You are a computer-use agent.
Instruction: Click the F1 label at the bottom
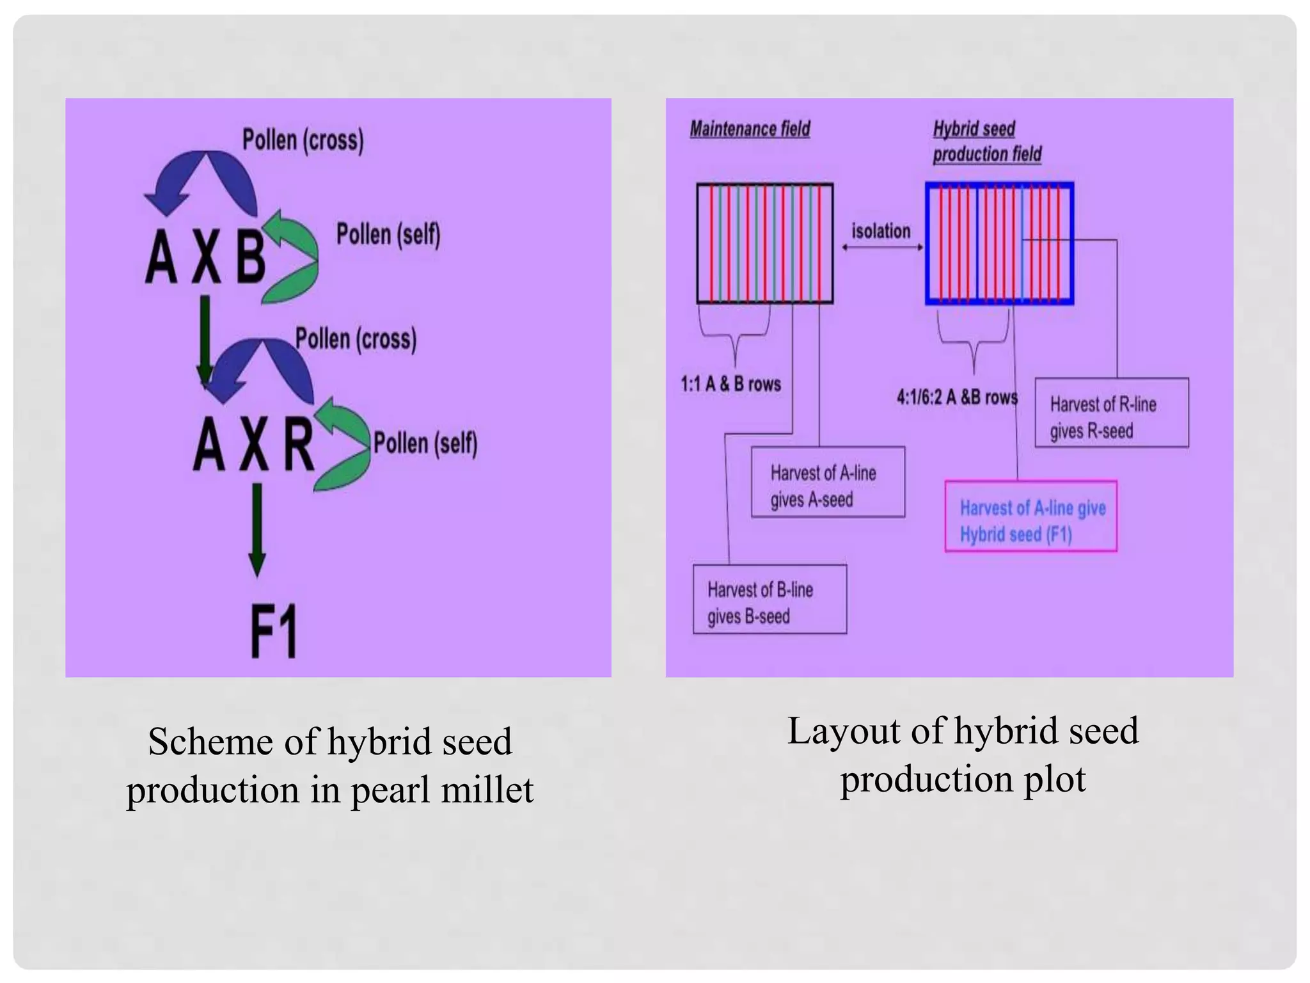[274, 631]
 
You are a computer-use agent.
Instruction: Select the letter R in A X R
[299, 444]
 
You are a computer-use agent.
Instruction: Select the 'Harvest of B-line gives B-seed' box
[769, 600]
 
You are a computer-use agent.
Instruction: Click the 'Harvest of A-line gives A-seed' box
[828, 482]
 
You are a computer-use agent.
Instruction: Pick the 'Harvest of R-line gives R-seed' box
[1112, 413]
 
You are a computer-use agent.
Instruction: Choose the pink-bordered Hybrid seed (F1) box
[1030, 516]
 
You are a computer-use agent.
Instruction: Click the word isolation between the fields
[881, 231]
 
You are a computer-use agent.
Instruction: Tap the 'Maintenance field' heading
[750, 129]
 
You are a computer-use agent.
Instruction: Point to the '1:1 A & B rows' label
[730, 384]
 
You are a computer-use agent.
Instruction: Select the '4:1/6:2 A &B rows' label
[956, 397]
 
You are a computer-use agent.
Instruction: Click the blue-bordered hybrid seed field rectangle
[999, 243]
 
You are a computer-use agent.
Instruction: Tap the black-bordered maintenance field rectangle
[764, 243]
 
